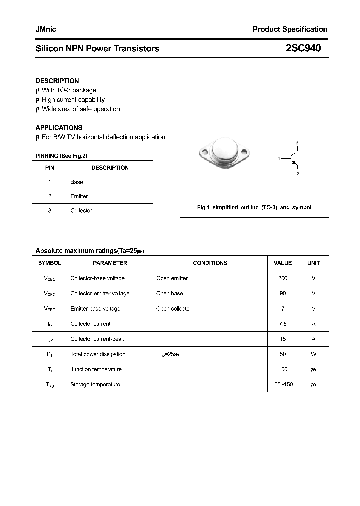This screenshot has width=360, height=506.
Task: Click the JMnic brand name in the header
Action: point(46,29)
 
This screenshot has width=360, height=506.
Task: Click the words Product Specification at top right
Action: point(290,29)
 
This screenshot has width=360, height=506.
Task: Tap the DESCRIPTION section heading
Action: point(57,81)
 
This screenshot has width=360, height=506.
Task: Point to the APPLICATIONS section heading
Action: point(59,128)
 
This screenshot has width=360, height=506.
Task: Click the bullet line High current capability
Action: point(73,100)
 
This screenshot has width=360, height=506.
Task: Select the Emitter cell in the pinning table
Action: point(79,196)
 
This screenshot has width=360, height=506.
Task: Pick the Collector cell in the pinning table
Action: point(81,211)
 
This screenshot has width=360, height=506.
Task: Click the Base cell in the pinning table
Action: point(76,182)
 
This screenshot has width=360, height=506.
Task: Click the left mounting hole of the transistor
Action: point(204,151)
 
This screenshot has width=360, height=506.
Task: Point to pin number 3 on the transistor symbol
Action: point(297,143)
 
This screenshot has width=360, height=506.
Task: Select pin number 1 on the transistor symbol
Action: point(279,158)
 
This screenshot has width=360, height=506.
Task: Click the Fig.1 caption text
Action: point(254,207)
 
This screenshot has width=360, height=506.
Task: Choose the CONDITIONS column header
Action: point(210,263)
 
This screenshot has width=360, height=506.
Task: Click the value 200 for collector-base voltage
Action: point(283,278)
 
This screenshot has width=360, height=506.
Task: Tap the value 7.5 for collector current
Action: point(283,324)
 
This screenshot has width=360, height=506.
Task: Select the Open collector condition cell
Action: point(174,309)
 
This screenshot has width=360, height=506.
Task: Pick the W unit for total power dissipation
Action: point(313,354)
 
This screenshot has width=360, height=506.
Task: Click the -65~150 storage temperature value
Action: point(283,385)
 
